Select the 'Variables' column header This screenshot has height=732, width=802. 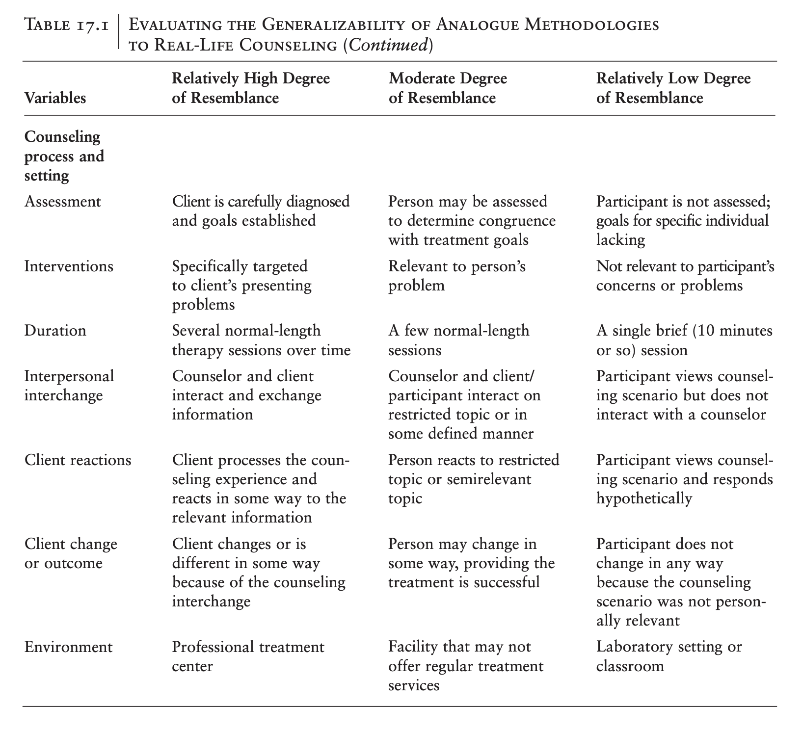55,98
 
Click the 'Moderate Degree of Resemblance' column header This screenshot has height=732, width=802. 447,88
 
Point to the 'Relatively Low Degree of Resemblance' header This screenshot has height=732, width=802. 673,88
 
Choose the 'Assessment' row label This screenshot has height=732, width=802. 63,202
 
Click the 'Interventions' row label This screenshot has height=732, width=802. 69,266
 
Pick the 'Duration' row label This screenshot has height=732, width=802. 55,331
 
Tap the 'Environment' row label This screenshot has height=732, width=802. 68,647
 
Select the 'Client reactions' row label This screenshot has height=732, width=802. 78,460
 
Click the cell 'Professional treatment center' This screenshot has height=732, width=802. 248,656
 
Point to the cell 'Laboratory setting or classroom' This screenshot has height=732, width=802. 668,656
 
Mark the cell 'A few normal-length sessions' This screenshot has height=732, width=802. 458,340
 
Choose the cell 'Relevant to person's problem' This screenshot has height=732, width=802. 456,276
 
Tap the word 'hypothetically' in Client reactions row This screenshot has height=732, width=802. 644,499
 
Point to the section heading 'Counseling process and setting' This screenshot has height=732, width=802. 64,156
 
